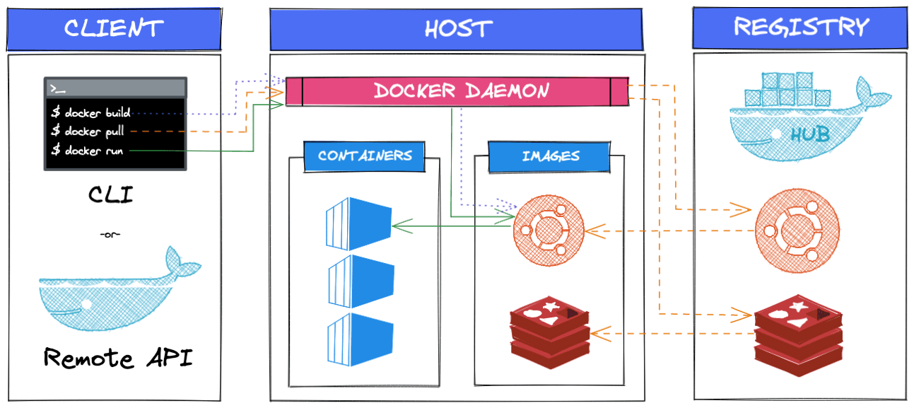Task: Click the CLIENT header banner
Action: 113,29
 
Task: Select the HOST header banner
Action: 457,29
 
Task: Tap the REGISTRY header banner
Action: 800,28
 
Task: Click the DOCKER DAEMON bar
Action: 461,91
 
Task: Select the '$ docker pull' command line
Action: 88,132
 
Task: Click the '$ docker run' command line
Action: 86,151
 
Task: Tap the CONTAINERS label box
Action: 365,156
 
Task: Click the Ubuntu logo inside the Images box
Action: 548,230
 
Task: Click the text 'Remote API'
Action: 117,359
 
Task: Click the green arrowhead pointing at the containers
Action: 398,226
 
